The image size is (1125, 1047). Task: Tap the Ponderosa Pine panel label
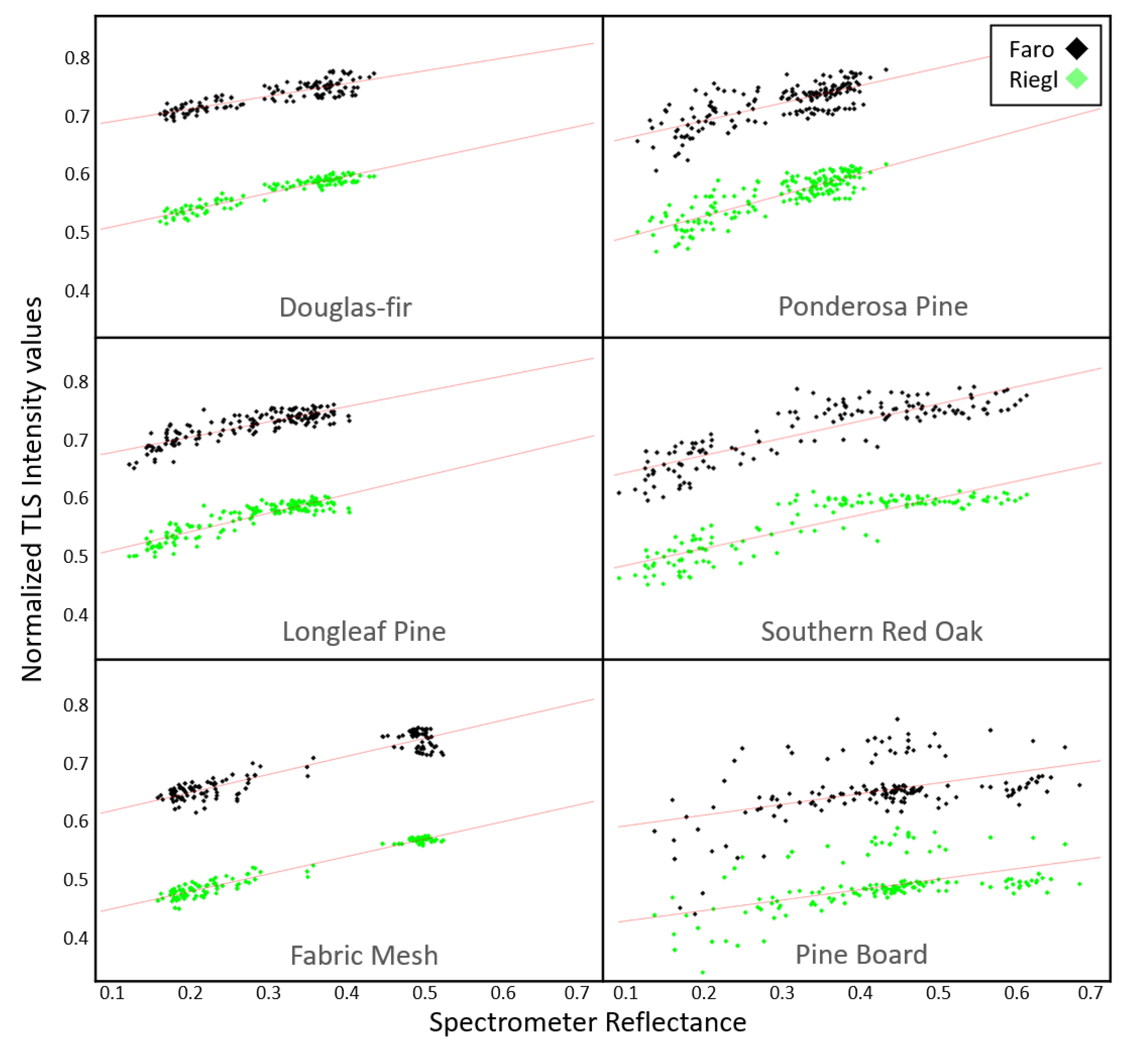(873, 306)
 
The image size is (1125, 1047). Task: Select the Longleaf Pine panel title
(364, 631)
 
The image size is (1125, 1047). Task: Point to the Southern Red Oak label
(872, 631)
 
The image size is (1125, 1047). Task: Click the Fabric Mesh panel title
(364, 955)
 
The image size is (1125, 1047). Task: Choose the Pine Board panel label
(861, 954)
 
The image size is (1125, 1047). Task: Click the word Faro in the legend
(1031, 50)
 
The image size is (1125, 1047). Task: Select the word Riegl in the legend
(1033, 80)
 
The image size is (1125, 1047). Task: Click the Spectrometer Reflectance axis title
(587, 1022)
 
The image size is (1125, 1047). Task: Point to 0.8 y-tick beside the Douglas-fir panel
(77, 58)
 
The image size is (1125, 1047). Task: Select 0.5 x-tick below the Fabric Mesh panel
(424, 992)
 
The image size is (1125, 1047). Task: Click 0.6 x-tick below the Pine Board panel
(1016, 992)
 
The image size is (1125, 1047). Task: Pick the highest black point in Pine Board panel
(897, 719)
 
